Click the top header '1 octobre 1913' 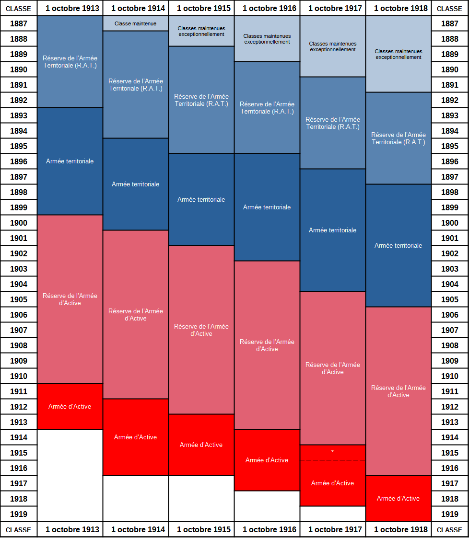click(72, 8)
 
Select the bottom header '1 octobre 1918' click(401, 529)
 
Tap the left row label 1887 click(19, 23)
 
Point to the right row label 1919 click(450, 514)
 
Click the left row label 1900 click(19, 223)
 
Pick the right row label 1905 click(450, 299)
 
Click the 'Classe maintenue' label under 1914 click(135, 23)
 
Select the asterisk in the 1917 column click(332, 452)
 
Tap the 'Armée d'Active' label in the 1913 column click(70, 407)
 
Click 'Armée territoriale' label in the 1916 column click(267, 207)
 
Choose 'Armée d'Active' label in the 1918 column click(399, 499)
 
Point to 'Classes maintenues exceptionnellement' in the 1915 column click(201, 31)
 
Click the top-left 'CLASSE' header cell click(19, 9)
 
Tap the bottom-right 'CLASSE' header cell click(450, 530)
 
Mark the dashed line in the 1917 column click(332, 460)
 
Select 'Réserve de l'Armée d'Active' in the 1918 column click(399, 391)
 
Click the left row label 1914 click(19, 437)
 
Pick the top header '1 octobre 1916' click(270, 8)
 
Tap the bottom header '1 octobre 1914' click(138, 529)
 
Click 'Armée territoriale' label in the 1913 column click(70, 161)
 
